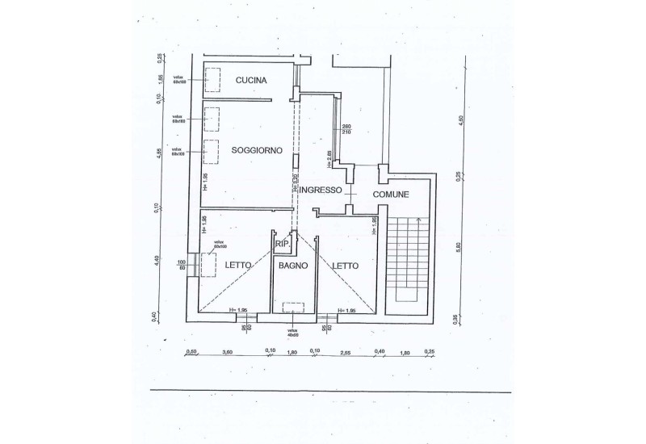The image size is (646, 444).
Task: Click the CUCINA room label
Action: coord(252,80)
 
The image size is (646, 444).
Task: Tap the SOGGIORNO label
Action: coord(256,150)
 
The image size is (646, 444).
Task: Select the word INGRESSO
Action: coord(322,191)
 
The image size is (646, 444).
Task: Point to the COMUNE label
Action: coord(391,195)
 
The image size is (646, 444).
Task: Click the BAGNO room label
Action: coord(294,266)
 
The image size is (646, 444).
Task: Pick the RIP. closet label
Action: coord(283,243)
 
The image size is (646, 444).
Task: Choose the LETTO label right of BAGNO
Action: coord(345,265)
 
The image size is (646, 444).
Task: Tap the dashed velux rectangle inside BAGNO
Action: coord(292,307)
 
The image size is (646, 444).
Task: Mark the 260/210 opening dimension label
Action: coord(346,130)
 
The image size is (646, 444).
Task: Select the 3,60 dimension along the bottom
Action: coord(228,352)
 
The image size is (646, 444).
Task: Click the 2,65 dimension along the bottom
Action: coord(345,352)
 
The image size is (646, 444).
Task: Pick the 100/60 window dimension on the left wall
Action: coord(182,266)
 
